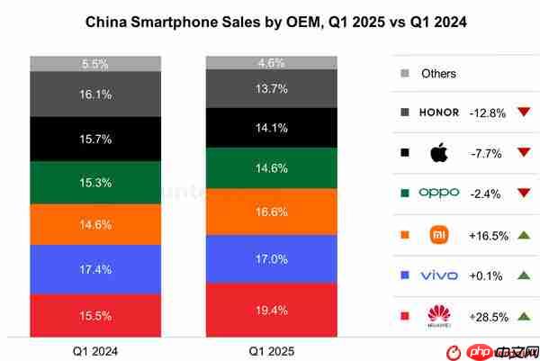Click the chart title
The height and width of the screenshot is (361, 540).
[270, 19]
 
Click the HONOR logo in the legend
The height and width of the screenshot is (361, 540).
[440, 113]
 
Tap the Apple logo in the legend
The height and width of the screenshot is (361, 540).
[440, 151]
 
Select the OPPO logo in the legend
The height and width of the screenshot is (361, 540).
[440, 193]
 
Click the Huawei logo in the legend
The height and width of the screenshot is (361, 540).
[440, 315]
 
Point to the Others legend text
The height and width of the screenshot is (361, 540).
[438, 74]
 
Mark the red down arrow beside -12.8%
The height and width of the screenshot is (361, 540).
[522, 113]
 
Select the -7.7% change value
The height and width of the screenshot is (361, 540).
[487, 153]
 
